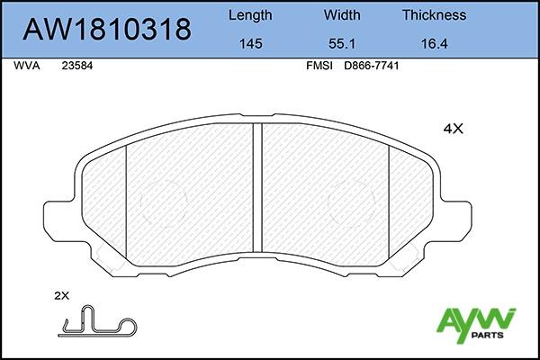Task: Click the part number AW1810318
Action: point(107,29)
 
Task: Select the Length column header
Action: point(250,16)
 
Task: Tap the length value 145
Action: point(251,44)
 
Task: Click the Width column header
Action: point(342,15)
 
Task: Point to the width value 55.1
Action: point(342,44)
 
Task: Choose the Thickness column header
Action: point(435,15)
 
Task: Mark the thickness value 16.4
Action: point(435,44)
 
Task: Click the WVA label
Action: point(26,66)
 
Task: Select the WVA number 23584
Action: point(77,66)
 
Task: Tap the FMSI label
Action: point(319,66)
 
